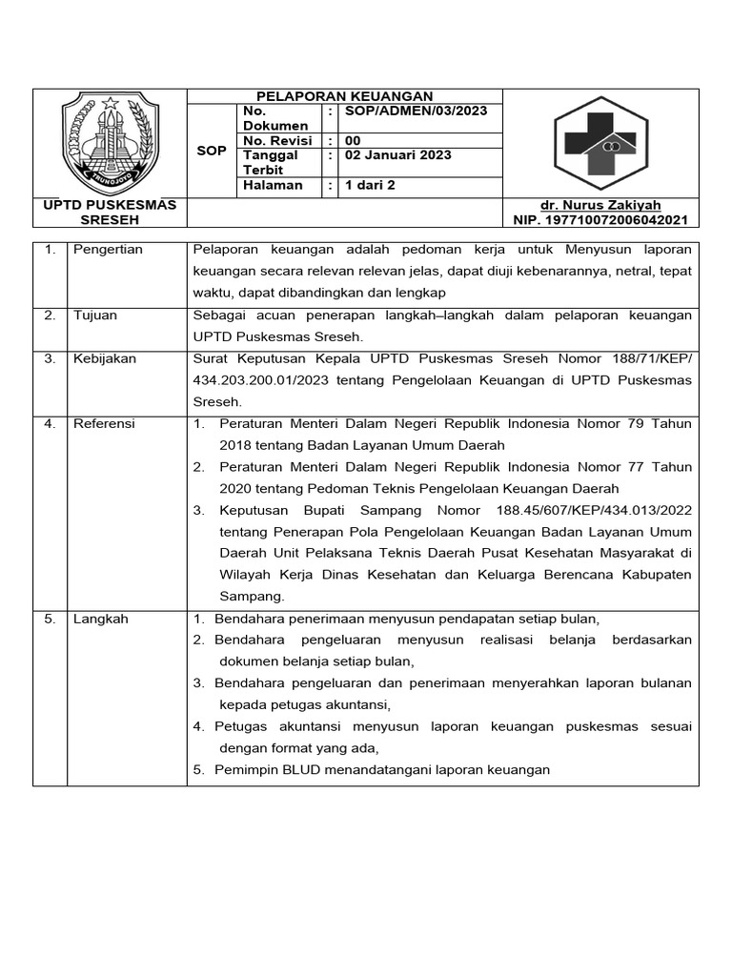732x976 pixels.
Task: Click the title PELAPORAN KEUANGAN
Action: (344, 96)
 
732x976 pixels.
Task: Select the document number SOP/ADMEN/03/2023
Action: (415, 111)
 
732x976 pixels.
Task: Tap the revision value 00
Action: (354, 141)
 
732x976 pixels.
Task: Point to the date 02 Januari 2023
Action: (397, 155)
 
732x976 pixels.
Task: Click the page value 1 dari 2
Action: (371, 186)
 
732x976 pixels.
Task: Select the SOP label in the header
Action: (211, 151)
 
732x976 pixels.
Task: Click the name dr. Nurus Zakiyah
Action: (600, 206)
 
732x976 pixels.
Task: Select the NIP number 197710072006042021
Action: (600, 220)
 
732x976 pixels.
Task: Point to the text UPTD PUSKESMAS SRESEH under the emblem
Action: (110, 213)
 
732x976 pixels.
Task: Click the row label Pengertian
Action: (108, 250)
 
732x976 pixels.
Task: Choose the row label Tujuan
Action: (95, 315)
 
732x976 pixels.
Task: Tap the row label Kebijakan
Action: (104, 359)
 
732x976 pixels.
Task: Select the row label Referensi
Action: (104, 424)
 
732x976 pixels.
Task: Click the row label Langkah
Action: (100, 619)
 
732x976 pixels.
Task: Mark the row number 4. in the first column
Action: (50, 424)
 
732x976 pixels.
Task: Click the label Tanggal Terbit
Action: (271, 162)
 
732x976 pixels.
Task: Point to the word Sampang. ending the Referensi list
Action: (252, 597)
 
